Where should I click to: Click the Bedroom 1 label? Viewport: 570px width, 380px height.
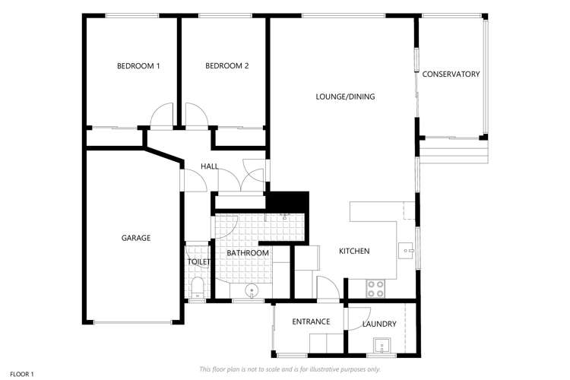click(x=138, y=66)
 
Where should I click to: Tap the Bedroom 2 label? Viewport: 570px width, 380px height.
click(x=226, y=66)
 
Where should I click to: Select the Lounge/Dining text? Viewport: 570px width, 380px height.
click(x=345, y=97)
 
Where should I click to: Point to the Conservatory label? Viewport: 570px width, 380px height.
click(x=451, y=74)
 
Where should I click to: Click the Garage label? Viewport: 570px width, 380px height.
click(x=135, y=238)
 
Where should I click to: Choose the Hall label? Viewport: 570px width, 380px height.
click(x=210, y=166)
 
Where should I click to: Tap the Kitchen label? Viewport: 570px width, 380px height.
click(x=354, y=251)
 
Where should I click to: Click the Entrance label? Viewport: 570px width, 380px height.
click(x=311, y=321)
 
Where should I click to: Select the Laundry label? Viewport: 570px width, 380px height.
click(x=379, y=324)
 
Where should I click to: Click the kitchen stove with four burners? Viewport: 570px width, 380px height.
click(x=376, y=289)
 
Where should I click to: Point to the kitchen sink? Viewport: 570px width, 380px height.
click(x=407, y=251)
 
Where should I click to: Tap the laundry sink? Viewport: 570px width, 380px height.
click(x=382, y=346)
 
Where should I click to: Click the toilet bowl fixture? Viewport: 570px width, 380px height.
click(x=198, y=287)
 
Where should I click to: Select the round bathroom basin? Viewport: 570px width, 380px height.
click(x=252, y=291)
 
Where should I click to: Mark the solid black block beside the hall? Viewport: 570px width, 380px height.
click(x=288, y=201)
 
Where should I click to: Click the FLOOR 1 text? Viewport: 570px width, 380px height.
click(x=22, y=374)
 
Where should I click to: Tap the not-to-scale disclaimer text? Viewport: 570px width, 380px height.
click(x=290, y=369)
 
